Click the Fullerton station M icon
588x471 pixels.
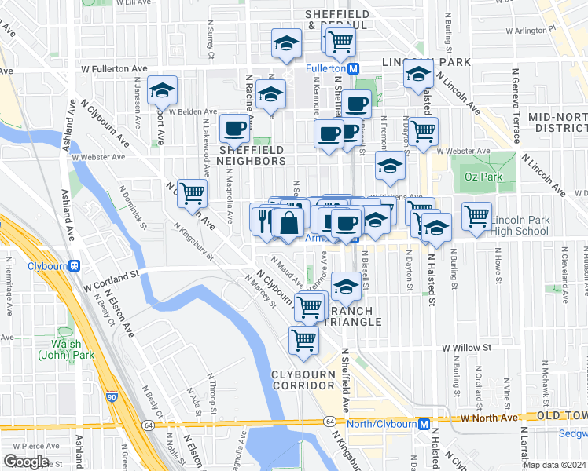(354, 69)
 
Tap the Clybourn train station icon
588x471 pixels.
(75, 265)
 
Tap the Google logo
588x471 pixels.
(26, 462)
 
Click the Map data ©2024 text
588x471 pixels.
(555, 463)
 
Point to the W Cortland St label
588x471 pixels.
(112, 275)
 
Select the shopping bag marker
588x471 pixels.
(288, 222)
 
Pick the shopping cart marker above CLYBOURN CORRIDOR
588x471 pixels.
(303, 340)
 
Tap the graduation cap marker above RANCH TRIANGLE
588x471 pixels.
(345, 287)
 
